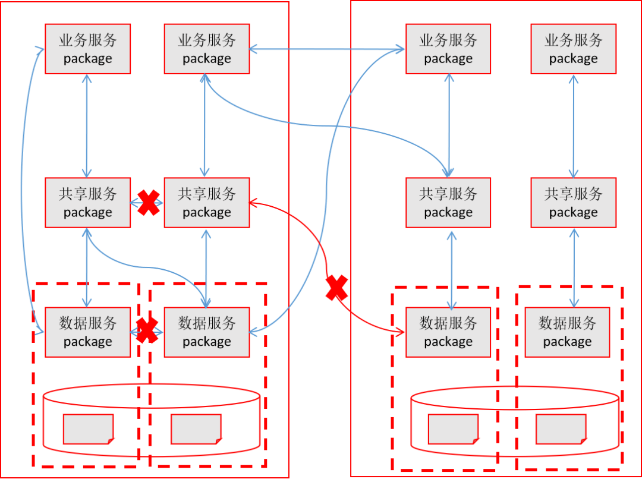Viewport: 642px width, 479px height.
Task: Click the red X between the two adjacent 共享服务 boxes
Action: coord(148,203)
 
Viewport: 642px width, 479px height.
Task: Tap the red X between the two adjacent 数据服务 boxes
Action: coord(147,330)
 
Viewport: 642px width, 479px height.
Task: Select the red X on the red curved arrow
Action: coord(336,288)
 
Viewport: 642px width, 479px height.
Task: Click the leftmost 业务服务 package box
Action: coord(88,49)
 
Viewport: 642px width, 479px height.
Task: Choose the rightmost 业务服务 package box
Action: coord(573,49)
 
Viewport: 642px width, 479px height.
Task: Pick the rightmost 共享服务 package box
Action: coord(573,203)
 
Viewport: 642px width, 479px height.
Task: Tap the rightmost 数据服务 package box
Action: coord(567,332)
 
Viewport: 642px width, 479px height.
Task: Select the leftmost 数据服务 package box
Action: coord(88,332)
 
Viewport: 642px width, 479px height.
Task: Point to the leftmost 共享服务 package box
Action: coord(88,203)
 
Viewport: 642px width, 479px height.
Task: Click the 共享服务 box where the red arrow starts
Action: coord(207,203)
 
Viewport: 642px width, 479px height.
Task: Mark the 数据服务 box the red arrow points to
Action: coord(448,332)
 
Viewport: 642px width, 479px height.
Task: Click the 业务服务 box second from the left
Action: coord(207,49)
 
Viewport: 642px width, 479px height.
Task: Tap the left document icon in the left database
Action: coord(89,429)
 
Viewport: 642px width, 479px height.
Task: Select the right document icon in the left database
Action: coord(196,429)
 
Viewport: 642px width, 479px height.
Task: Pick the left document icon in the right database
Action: coord(454,429)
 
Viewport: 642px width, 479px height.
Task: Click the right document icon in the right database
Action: coord(561,429)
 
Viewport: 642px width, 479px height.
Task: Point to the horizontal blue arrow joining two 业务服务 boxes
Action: coord(328,49)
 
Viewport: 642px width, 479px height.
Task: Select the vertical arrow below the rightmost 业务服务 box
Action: coord(573,125)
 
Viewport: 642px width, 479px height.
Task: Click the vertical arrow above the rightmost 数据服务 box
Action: coord(574,267)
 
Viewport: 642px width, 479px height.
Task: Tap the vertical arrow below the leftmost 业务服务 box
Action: coord(88,125)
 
